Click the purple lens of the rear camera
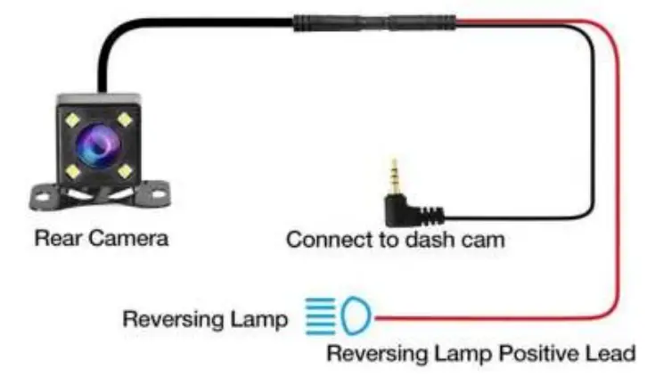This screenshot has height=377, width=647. pyautogui.click(x=97, y=143)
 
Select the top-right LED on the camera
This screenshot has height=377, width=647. pyautogui.click(x=125, y=118)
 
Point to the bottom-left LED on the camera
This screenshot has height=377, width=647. pyautogui.click(x=71, y=168)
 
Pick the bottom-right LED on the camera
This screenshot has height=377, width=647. pyautogui.click(x=125, y=169)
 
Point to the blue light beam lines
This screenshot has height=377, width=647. pyautogui.click(x=321, y=315)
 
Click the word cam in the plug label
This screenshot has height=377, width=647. pyautogui.click(x=481, y=241)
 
